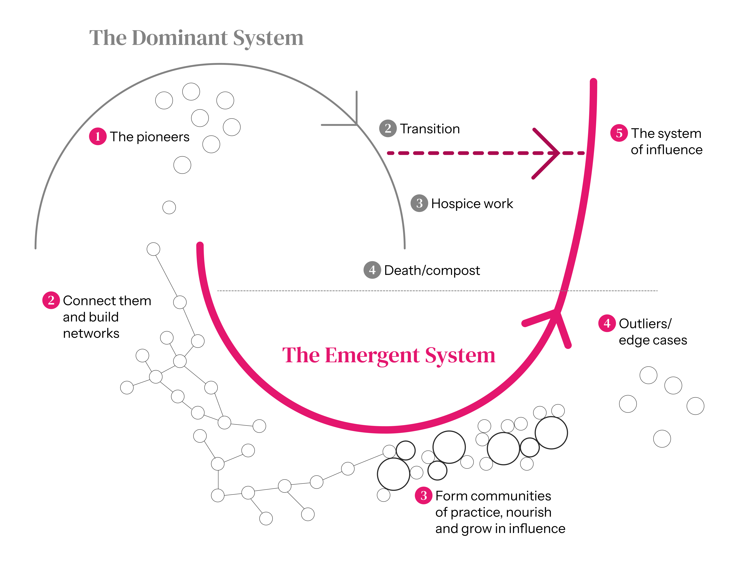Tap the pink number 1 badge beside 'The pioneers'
(98, 137)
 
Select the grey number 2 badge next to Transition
(388, 128)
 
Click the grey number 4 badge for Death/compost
(372, 270)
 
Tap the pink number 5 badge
(619, 133)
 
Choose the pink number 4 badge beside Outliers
(607, 323)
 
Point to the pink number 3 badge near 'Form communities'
(424, 495)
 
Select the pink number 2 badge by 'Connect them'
(51, 300)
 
